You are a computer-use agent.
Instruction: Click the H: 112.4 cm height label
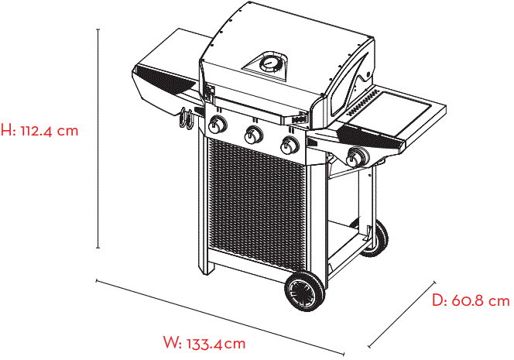40,130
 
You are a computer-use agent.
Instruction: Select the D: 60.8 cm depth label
470,300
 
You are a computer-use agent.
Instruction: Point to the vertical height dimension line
98,139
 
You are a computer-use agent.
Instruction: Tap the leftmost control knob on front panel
218,126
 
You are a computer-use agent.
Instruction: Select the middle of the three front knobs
253,136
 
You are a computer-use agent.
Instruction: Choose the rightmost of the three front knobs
290,145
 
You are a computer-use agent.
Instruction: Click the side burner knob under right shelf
357,157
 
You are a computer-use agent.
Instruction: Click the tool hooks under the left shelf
186,120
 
